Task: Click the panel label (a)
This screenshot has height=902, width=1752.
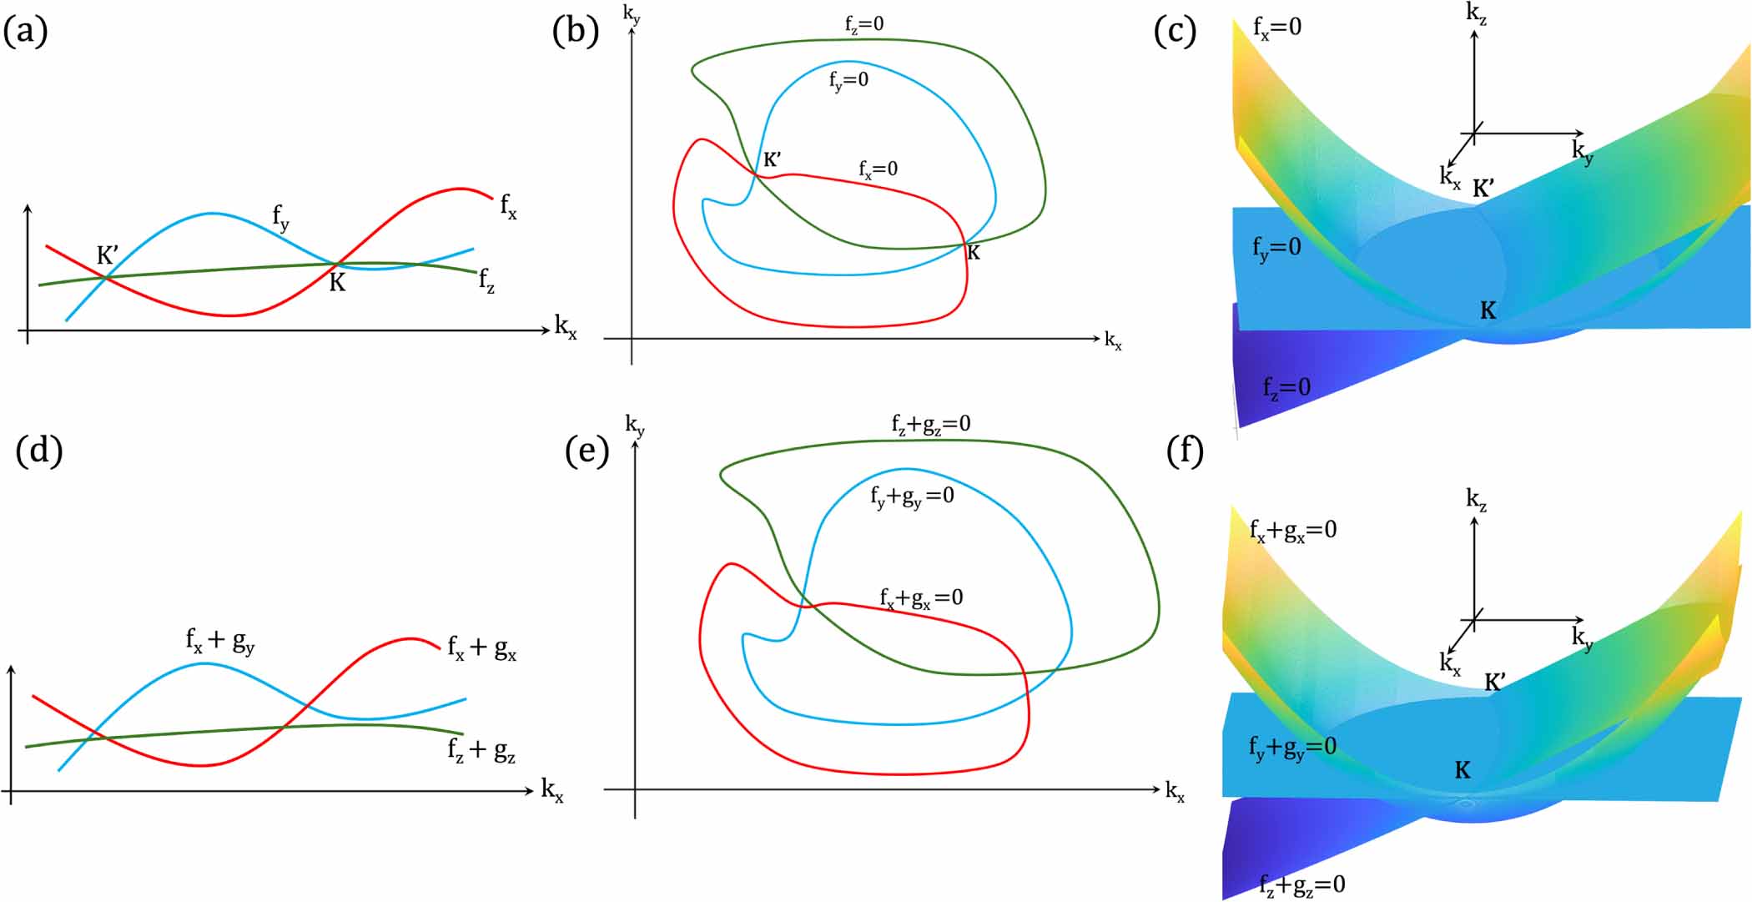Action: (26, 32)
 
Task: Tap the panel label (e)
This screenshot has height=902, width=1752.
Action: (587, 451)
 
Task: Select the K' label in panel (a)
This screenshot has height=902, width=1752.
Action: (108, 254)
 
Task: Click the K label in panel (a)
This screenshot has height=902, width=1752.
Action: (337, 283)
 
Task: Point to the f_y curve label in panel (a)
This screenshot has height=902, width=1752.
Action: (281, 217)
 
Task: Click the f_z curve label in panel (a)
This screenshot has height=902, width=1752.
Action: (486, 280)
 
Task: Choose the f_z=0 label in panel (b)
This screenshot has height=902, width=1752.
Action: (863, 25)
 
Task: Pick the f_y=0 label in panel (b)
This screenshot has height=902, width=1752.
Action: (848, 80)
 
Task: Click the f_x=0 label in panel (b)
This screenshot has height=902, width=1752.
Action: (879, 169)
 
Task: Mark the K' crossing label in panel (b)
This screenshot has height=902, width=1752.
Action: (773, 159)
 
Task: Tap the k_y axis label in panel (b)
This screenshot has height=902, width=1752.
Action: (632, 14)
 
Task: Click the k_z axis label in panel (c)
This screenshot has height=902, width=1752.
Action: (1477, 14)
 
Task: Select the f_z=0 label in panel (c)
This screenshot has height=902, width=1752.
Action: (1286, 388)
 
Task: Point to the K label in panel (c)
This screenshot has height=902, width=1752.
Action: (1488, 311)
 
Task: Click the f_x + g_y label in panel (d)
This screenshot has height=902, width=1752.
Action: (220, 641)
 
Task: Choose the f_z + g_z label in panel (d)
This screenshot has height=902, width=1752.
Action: (481, 750)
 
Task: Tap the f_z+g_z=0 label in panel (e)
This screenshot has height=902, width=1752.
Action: (930, 425)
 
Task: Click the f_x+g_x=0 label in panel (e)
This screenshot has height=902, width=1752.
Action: (921, 598)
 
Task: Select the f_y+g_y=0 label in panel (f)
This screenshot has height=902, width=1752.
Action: (1292, 747)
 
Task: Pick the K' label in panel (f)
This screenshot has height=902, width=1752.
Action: (1494, 682)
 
